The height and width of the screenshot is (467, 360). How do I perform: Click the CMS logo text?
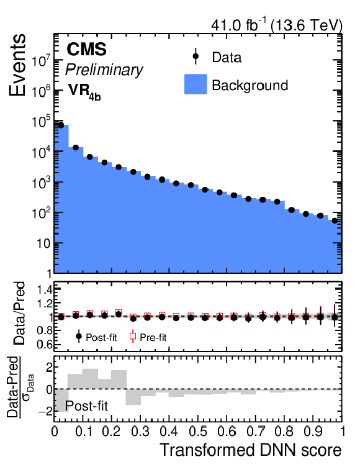point(86,49)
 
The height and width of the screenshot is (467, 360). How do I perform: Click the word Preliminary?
point(104,70)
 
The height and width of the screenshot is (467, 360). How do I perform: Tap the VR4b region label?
point(84,91)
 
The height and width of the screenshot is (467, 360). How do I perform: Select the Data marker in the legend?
point(196,56)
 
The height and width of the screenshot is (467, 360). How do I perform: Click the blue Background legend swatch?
point(196,84)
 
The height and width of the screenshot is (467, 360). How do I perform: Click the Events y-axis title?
point(17,65)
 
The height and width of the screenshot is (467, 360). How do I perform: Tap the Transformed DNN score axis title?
point(251,450)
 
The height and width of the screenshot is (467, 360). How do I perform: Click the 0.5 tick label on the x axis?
point(198,431)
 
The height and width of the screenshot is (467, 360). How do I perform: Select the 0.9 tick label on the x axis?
point(313,431)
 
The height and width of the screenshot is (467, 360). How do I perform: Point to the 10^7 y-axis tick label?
point(42,61)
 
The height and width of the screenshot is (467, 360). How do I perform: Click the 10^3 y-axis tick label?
point(42,182)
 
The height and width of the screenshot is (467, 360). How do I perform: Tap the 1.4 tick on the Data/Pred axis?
point(44,289)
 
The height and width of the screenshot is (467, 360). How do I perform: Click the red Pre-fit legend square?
point(133,337)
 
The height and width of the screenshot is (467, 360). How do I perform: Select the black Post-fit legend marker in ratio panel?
point(79,337)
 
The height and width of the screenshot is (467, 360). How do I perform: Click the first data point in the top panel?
point(61,125)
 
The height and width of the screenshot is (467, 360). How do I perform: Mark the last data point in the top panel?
point(335,220)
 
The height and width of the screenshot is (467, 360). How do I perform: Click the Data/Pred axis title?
point(20,314)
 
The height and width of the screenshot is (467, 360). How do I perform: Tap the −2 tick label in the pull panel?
point(45,412)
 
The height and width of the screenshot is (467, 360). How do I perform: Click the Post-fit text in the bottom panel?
point(86,406)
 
